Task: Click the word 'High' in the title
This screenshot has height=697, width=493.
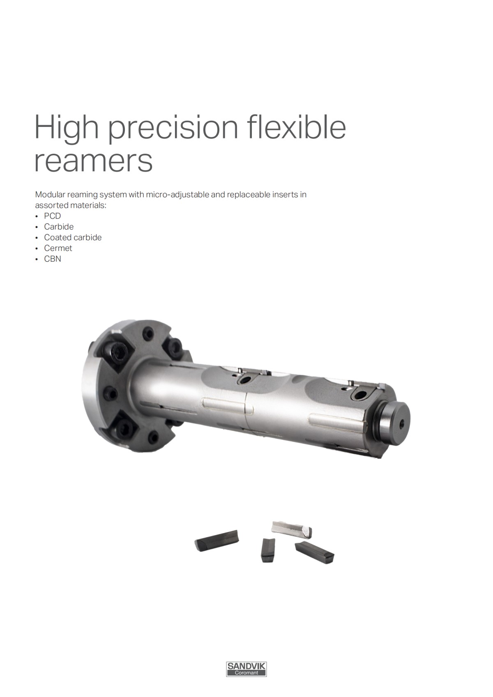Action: click(66, 127)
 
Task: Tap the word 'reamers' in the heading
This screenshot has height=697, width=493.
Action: click(93, 161)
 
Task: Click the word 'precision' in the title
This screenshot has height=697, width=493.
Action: click(173, 128)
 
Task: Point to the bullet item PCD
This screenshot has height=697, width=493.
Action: click(52, 216)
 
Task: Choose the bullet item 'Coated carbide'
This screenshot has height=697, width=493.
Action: click(73, 237)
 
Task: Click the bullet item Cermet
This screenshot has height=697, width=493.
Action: click(58, 248)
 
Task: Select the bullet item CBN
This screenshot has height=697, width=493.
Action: click(53, 259)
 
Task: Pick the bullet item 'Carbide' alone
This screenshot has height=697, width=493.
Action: click(59, 227)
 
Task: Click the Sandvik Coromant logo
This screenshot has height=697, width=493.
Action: click(246, 669)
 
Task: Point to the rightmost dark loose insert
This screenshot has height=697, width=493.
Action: click(315, 552)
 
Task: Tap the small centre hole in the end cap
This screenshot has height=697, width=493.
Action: click(402, 425)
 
